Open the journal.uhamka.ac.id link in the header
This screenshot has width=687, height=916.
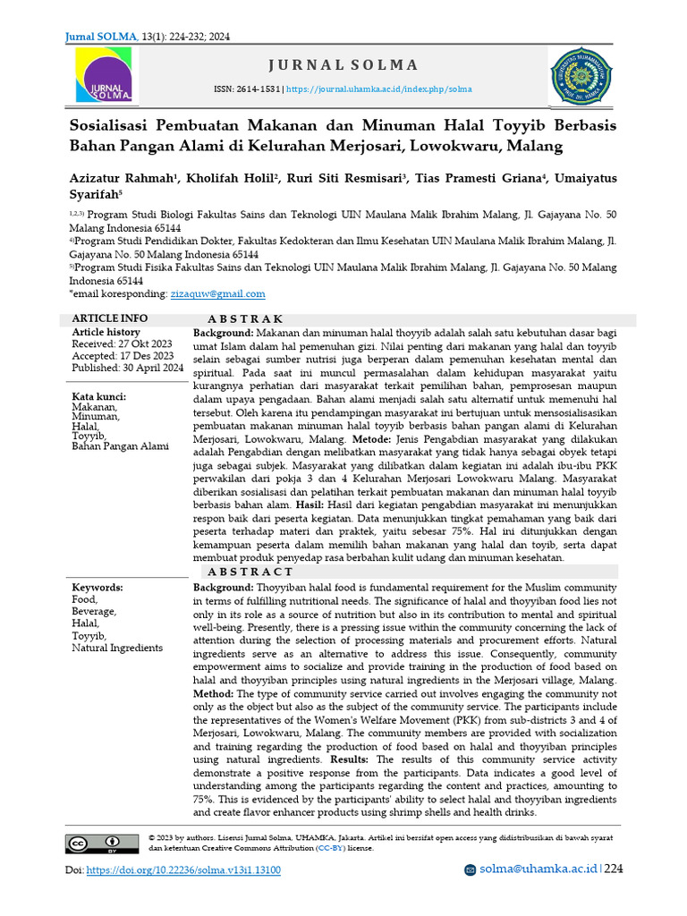(378, 89)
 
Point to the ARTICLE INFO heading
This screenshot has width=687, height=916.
(110, 318)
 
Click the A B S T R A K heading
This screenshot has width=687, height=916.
(245, 319)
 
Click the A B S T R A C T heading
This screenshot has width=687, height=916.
(250, 572)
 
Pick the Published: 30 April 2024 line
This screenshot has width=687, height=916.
(127, 368)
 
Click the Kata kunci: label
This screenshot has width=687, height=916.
(98, 396)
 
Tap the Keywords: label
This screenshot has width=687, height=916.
(98, 588)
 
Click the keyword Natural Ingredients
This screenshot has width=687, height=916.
(117, 648)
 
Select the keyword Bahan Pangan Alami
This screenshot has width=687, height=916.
(120, 445)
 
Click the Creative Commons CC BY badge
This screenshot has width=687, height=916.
(101, 842)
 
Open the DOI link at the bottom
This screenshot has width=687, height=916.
(183, 870)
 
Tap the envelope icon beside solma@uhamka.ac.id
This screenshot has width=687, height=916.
(471, 870)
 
